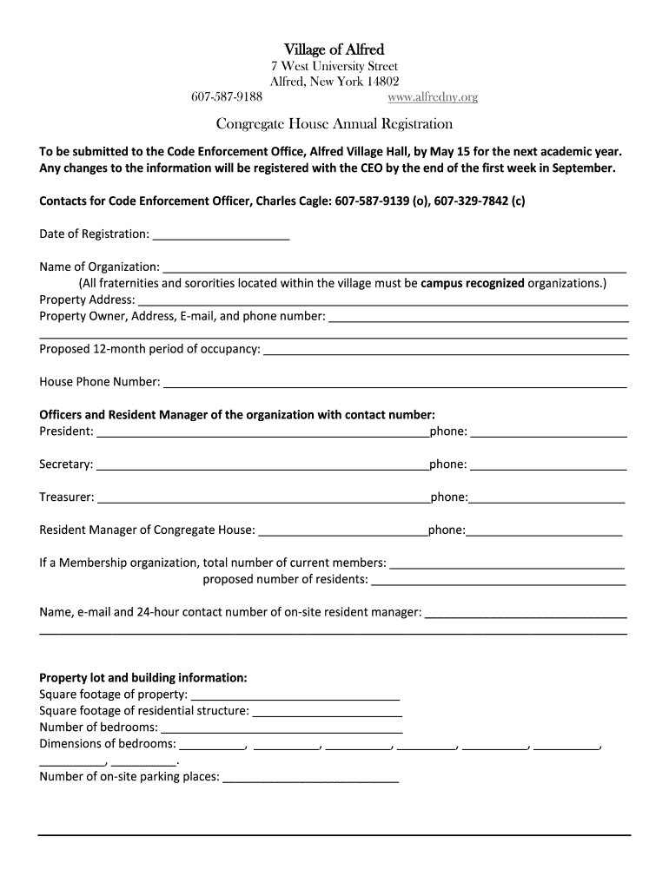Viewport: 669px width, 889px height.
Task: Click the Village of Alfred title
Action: pos(334,49)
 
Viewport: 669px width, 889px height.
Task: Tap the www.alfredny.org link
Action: pos(432,97)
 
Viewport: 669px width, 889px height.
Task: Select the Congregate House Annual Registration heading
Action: pos(334,124)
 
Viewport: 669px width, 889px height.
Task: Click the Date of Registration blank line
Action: pos(221,234)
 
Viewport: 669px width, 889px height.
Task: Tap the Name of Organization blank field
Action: pos(394,267)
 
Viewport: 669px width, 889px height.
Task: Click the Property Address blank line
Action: pos(382,300)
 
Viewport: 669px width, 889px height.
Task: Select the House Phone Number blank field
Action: pos(394,382)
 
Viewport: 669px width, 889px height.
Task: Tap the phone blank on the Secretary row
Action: pos(548,464)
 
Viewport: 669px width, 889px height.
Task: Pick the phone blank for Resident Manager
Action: pos(545,530)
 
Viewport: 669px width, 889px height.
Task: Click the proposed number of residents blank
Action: pos(498,580)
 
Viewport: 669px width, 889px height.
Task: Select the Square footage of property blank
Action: pos(295,695)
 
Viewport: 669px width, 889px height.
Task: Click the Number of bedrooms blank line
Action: pos(282,728)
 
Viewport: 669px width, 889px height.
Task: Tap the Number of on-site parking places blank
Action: pos(310,777)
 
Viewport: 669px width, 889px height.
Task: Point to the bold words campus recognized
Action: pos(473,283)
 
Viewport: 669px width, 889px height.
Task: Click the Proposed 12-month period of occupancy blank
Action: pos(445,349)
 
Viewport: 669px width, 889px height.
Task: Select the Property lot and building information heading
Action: pos(143,678)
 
